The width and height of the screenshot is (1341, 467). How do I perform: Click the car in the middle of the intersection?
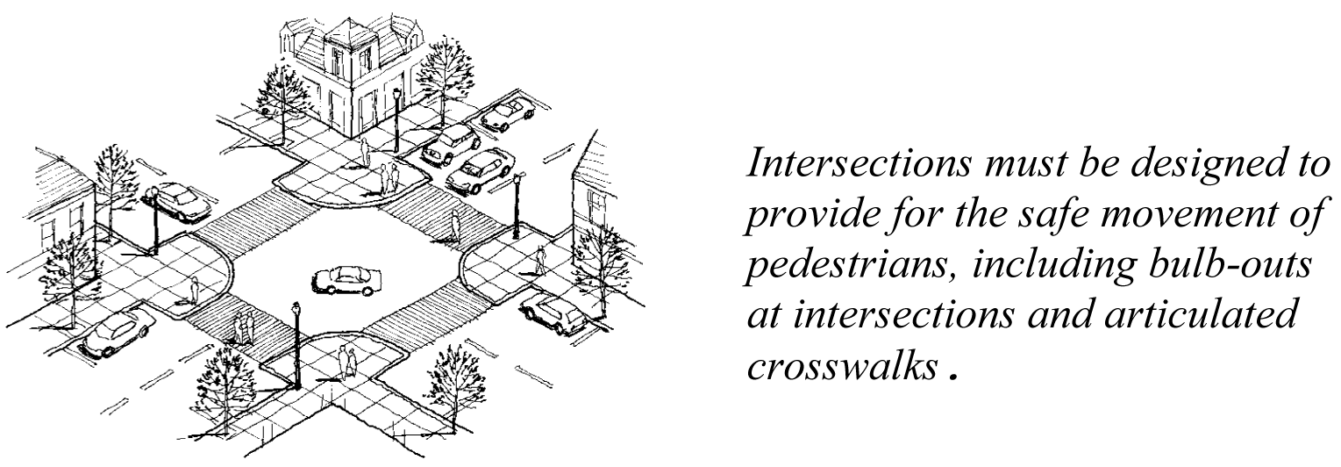pos(347,281)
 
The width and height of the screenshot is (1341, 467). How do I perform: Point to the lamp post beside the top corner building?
pos(396,119)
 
